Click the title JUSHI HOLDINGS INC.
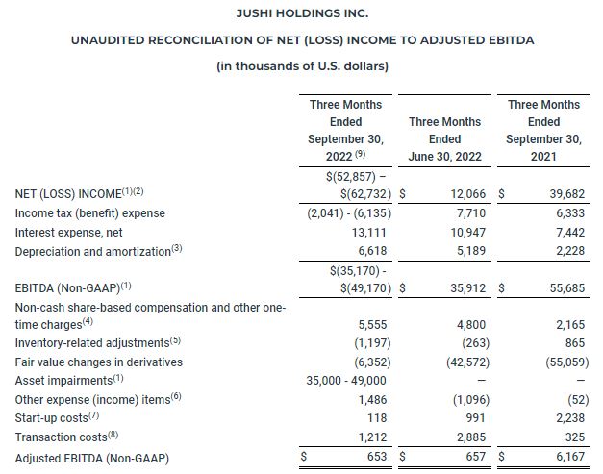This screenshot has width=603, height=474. (x=301, y=13)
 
